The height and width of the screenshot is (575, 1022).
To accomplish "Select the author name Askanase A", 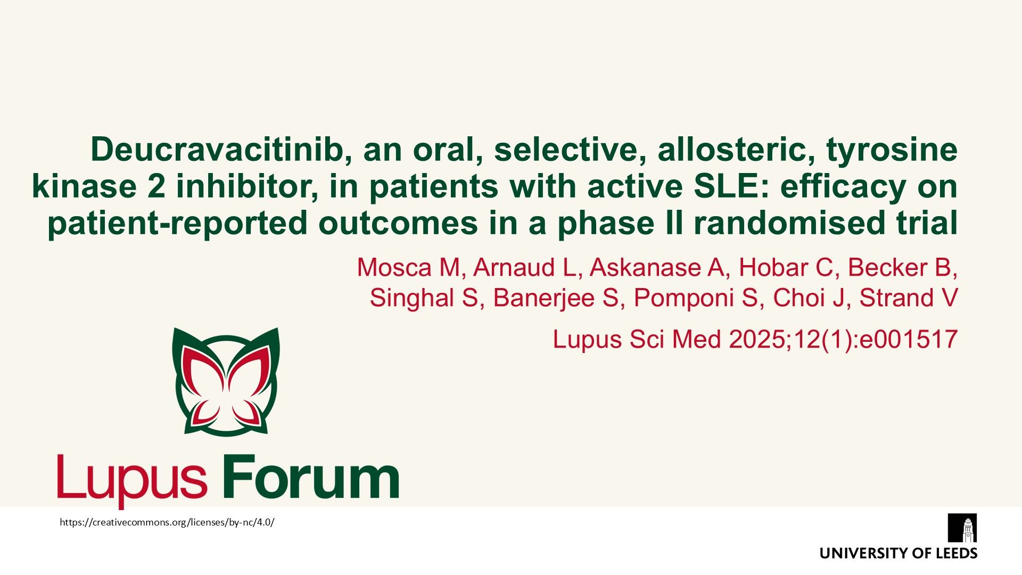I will click(657, 267).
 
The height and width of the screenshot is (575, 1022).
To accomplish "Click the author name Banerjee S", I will click(557, 298).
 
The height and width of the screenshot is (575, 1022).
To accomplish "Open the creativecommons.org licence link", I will click(167, 522).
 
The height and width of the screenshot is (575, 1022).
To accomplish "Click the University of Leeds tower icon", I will click(962, 528).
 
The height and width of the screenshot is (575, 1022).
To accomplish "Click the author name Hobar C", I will click(786, 267).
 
